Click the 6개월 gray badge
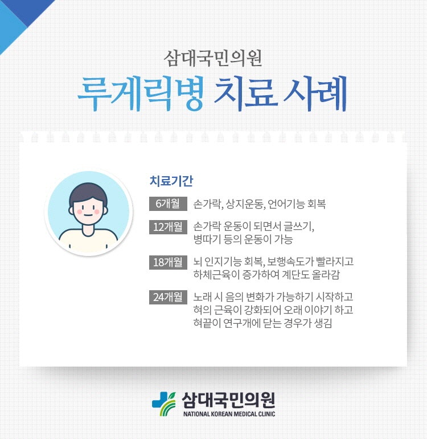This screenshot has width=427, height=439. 168,204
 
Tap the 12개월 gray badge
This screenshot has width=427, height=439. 168,227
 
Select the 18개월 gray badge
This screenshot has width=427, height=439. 168,262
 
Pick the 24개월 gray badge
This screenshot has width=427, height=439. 168,297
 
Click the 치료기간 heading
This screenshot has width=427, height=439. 171,181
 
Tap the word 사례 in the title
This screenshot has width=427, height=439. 315,94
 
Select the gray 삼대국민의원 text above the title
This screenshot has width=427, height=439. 213,59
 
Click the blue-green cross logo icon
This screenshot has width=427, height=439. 164,404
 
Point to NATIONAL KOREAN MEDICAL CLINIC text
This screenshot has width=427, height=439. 229,414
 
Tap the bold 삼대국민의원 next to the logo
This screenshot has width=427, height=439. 228,400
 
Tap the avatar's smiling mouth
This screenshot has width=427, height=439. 88,216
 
